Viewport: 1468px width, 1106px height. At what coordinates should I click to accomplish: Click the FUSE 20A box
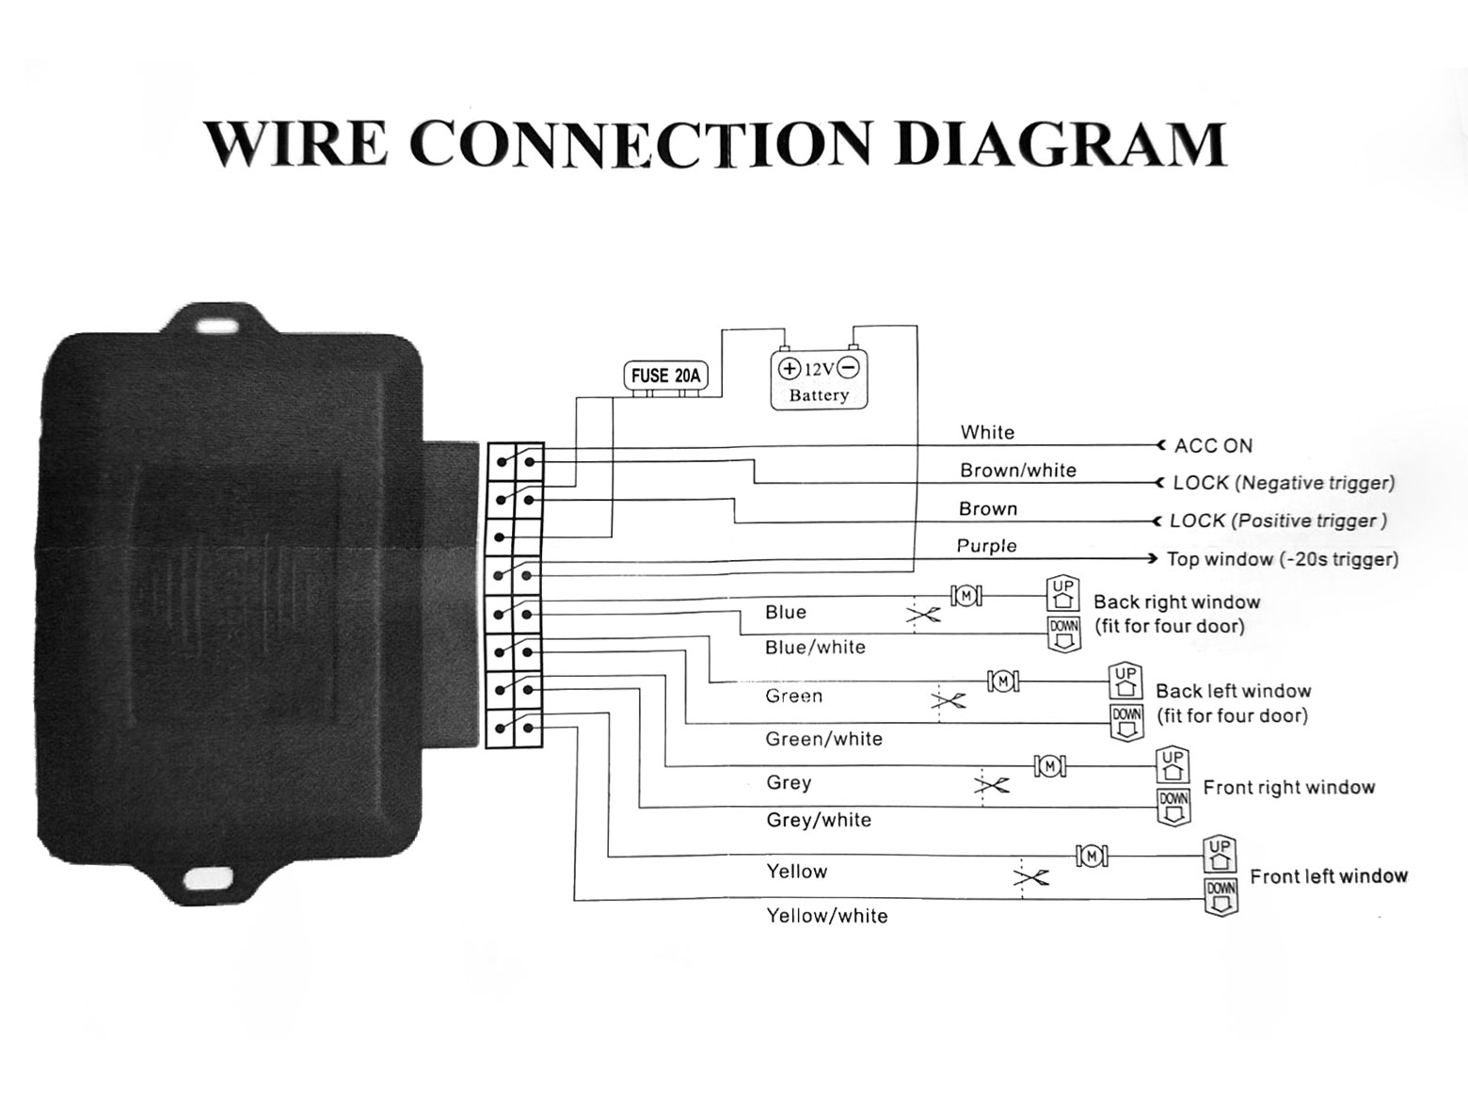coord(665,376)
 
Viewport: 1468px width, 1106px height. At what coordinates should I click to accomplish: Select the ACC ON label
coord(1213,446)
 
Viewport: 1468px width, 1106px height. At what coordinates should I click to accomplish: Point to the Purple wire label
coord(986,546)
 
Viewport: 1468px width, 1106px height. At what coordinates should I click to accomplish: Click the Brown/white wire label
coord(1017,471)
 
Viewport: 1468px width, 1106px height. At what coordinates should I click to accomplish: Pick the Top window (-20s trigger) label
coord(1282,559)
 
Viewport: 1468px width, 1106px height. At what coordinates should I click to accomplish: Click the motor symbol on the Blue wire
coord(966,596)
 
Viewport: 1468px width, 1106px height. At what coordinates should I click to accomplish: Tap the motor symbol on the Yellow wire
coord(1091,856)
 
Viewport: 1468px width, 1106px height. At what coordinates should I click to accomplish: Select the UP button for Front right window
coord(1173,764)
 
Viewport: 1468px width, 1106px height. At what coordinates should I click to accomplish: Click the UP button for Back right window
coord(1063,593)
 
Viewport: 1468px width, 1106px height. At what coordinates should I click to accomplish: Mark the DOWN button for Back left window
coord(1126,721)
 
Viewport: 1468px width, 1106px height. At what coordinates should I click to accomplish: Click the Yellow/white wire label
coord(826,916)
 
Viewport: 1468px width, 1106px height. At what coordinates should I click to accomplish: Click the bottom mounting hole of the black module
coord(203,879)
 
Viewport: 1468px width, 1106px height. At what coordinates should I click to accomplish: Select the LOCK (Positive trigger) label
coord(1278,521)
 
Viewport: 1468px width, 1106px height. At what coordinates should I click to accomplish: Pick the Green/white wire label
coord(823,739)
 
